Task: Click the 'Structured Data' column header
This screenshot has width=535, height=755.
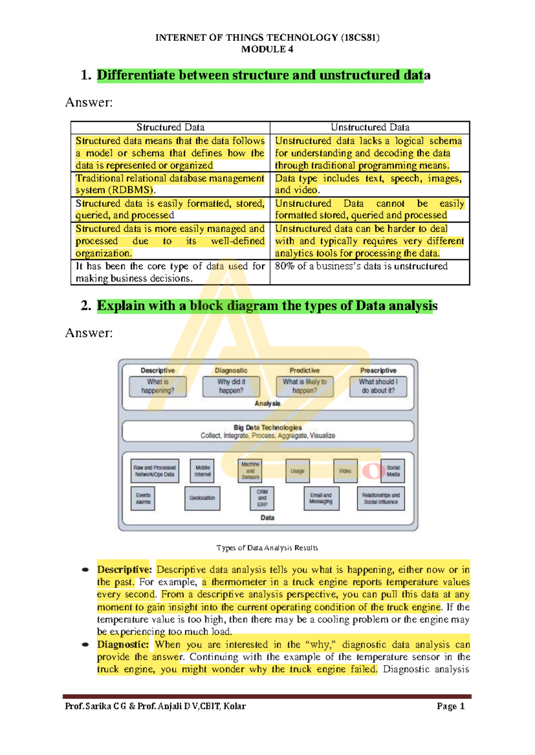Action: click(170, 127)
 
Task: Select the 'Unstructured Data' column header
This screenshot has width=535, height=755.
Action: click(370, 127)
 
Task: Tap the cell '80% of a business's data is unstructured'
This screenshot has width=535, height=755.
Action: click(361, 266)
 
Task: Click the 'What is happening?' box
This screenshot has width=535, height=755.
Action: click(158, 386)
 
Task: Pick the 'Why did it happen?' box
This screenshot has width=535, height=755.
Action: click(231, 386)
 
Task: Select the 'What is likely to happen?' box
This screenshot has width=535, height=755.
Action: click(305, 386)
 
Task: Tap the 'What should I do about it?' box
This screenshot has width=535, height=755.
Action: click(378, 386)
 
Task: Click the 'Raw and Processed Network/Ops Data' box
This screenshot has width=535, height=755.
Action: click(155, 471)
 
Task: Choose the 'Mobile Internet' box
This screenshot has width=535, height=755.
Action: click(202, 471)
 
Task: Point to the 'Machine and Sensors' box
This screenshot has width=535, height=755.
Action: click(250, 471)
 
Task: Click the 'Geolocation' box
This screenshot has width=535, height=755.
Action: click(202, 498)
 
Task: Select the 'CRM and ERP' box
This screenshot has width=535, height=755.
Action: click(262, 498)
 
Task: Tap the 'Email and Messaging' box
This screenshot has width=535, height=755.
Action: click(321, 498)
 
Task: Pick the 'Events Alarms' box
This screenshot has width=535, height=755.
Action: click(143, 498)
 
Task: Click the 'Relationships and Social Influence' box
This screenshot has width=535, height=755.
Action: click(381, 498)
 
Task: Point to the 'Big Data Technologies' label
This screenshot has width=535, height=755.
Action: click(267, 427)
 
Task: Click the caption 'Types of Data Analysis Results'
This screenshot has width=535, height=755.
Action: click(267, 548)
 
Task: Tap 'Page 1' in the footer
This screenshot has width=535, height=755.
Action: click(450, 706)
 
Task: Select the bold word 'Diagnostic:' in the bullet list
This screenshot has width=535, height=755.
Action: click(123, 645)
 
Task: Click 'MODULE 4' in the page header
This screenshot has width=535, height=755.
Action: click(267, 49)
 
